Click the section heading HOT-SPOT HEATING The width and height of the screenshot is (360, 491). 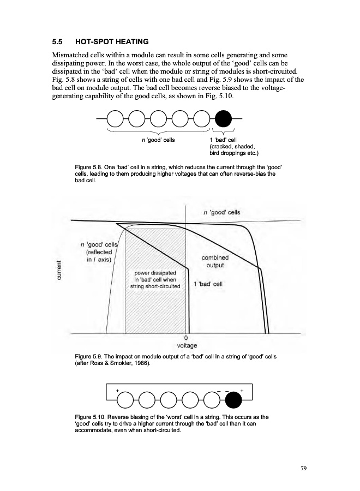point(112,41)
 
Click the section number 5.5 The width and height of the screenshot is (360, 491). point(58,41)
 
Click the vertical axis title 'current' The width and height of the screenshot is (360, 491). point(58,271)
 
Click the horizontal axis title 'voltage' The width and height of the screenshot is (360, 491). point(188,345)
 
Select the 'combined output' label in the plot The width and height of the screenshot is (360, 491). point(215,261)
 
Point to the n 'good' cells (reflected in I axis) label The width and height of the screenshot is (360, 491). point(99,252)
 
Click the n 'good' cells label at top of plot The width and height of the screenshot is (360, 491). point(221,212)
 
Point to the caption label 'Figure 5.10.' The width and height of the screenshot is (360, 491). point(91,416)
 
